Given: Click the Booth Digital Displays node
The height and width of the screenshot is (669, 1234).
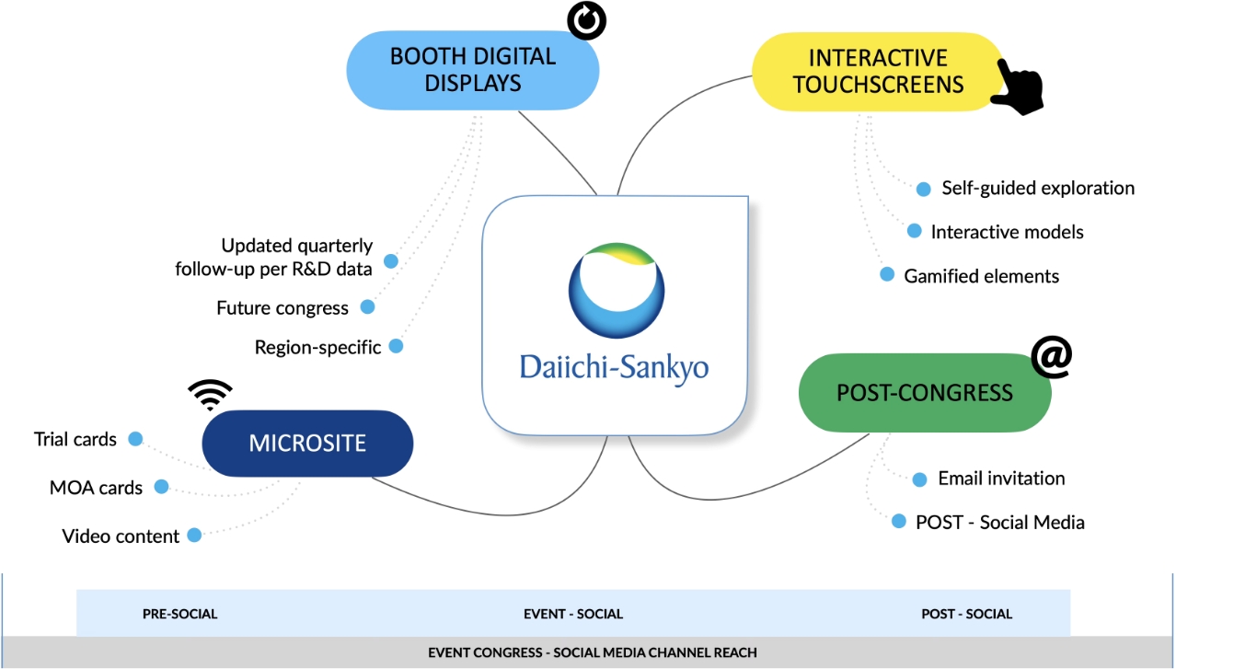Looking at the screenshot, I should coord(472,70).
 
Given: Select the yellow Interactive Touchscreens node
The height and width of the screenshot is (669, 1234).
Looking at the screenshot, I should coord(877,72).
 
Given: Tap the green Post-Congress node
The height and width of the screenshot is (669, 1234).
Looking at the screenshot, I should coord(924,393).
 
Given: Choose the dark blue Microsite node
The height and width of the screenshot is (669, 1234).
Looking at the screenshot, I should coord(307,444).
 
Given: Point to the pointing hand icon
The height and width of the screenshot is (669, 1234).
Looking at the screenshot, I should coord(1018,88).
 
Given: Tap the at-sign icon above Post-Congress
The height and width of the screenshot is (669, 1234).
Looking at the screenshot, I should coord(1052,357).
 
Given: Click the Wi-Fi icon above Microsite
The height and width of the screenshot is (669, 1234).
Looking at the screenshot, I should coord(210,394).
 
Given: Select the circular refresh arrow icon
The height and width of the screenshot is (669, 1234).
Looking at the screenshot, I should coord(586,19).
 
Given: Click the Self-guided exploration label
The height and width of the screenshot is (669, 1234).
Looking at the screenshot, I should coord(1037,188).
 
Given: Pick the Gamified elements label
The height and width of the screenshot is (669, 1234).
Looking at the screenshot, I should coord(981,276).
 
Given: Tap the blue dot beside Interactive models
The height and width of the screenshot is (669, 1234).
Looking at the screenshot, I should coord(914,231).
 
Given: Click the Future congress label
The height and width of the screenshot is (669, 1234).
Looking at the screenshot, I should coord(283,308).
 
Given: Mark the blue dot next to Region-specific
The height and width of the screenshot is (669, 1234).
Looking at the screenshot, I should coord(396,346).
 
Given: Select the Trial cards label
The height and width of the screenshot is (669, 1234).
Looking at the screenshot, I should coord(75,440).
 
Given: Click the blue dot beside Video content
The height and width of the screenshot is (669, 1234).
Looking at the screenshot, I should coord(194,535).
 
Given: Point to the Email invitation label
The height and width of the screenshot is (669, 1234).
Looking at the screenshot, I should coord(1001,479).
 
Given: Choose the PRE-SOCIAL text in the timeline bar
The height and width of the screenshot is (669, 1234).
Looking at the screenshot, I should coord(179,614).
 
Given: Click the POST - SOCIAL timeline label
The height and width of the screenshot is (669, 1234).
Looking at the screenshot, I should coord(966,614).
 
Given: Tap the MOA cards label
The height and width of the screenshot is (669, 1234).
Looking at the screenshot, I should coord(96,488).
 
